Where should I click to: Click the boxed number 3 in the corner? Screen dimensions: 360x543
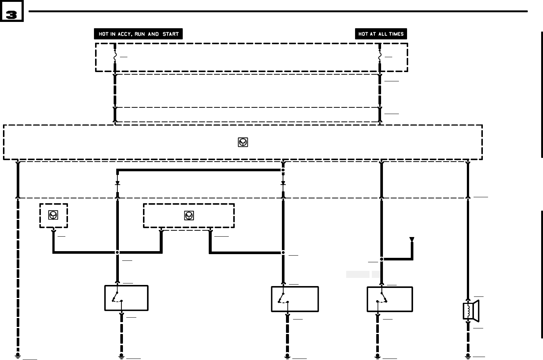tap(12, 15)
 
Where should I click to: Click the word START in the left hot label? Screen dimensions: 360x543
tap(170, 34)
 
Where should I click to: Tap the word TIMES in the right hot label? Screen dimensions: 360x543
tap(396, 34)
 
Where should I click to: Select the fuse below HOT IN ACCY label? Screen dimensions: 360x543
tap(115, 57)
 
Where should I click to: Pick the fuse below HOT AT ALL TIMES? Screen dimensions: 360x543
tap(380, 57)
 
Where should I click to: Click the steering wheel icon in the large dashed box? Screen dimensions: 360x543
tap(243, 142)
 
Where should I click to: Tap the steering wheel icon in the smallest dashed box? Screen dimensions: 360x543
tap(53, 215)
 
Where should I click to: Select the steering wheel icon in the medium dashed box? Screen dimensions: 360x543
tap(189, 215)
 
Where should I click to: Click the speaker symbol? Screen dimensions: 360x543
tap(471, 311)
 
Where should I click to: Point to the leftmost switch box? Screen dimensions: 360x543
tap(126, 298)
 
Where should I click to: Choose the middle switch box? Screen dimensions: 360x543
tap(295, 299)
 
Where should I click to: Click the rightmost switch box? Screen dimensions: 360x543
tap(390, 299)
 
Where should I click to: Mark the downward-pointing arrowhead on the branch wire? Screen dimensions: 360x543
tap(412, 240)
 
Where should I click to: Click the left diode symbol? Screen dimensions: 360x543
tap(117, 183)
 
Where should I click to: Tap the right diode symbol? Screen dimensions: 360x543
tap(283, 183)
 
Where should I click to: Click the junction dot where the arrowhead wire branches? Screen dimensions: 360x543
tap(381, 259)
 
